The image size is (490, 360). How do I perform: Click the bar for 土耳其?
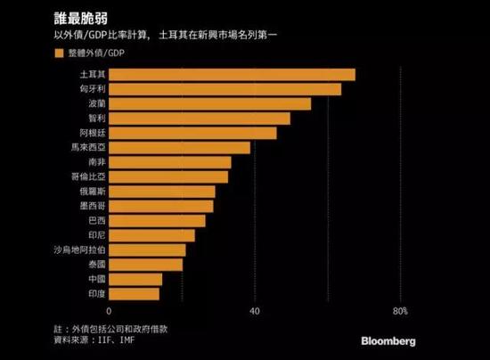[x=232, y=74]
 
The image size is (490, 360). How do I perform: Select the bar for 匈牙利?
[x=225, y=89]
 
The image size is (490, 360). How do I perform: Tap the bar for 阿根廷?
[x=192, y=133]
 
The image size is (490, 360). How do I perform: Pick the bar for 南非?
[x=169, y=162]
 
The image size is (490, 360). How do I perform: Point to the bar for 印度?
[x=134, y=293]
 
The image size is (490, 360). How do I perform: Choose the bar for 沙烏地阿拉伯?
[x=146, y=250]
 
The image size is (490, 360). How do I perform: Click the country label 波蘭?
[x=93, y=103]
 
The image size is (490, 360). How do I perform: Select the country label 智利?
[x=93, y=119]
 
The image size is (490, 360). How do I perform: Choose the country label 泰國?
[x=93, y=265]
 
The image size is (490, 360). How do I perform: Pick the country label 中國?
[x=93, y=279]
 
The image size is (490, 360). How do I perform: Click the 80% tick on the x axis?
[x=400, y=311]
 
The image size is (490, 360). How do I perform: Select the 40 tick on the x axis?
[x=254, y=311]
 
